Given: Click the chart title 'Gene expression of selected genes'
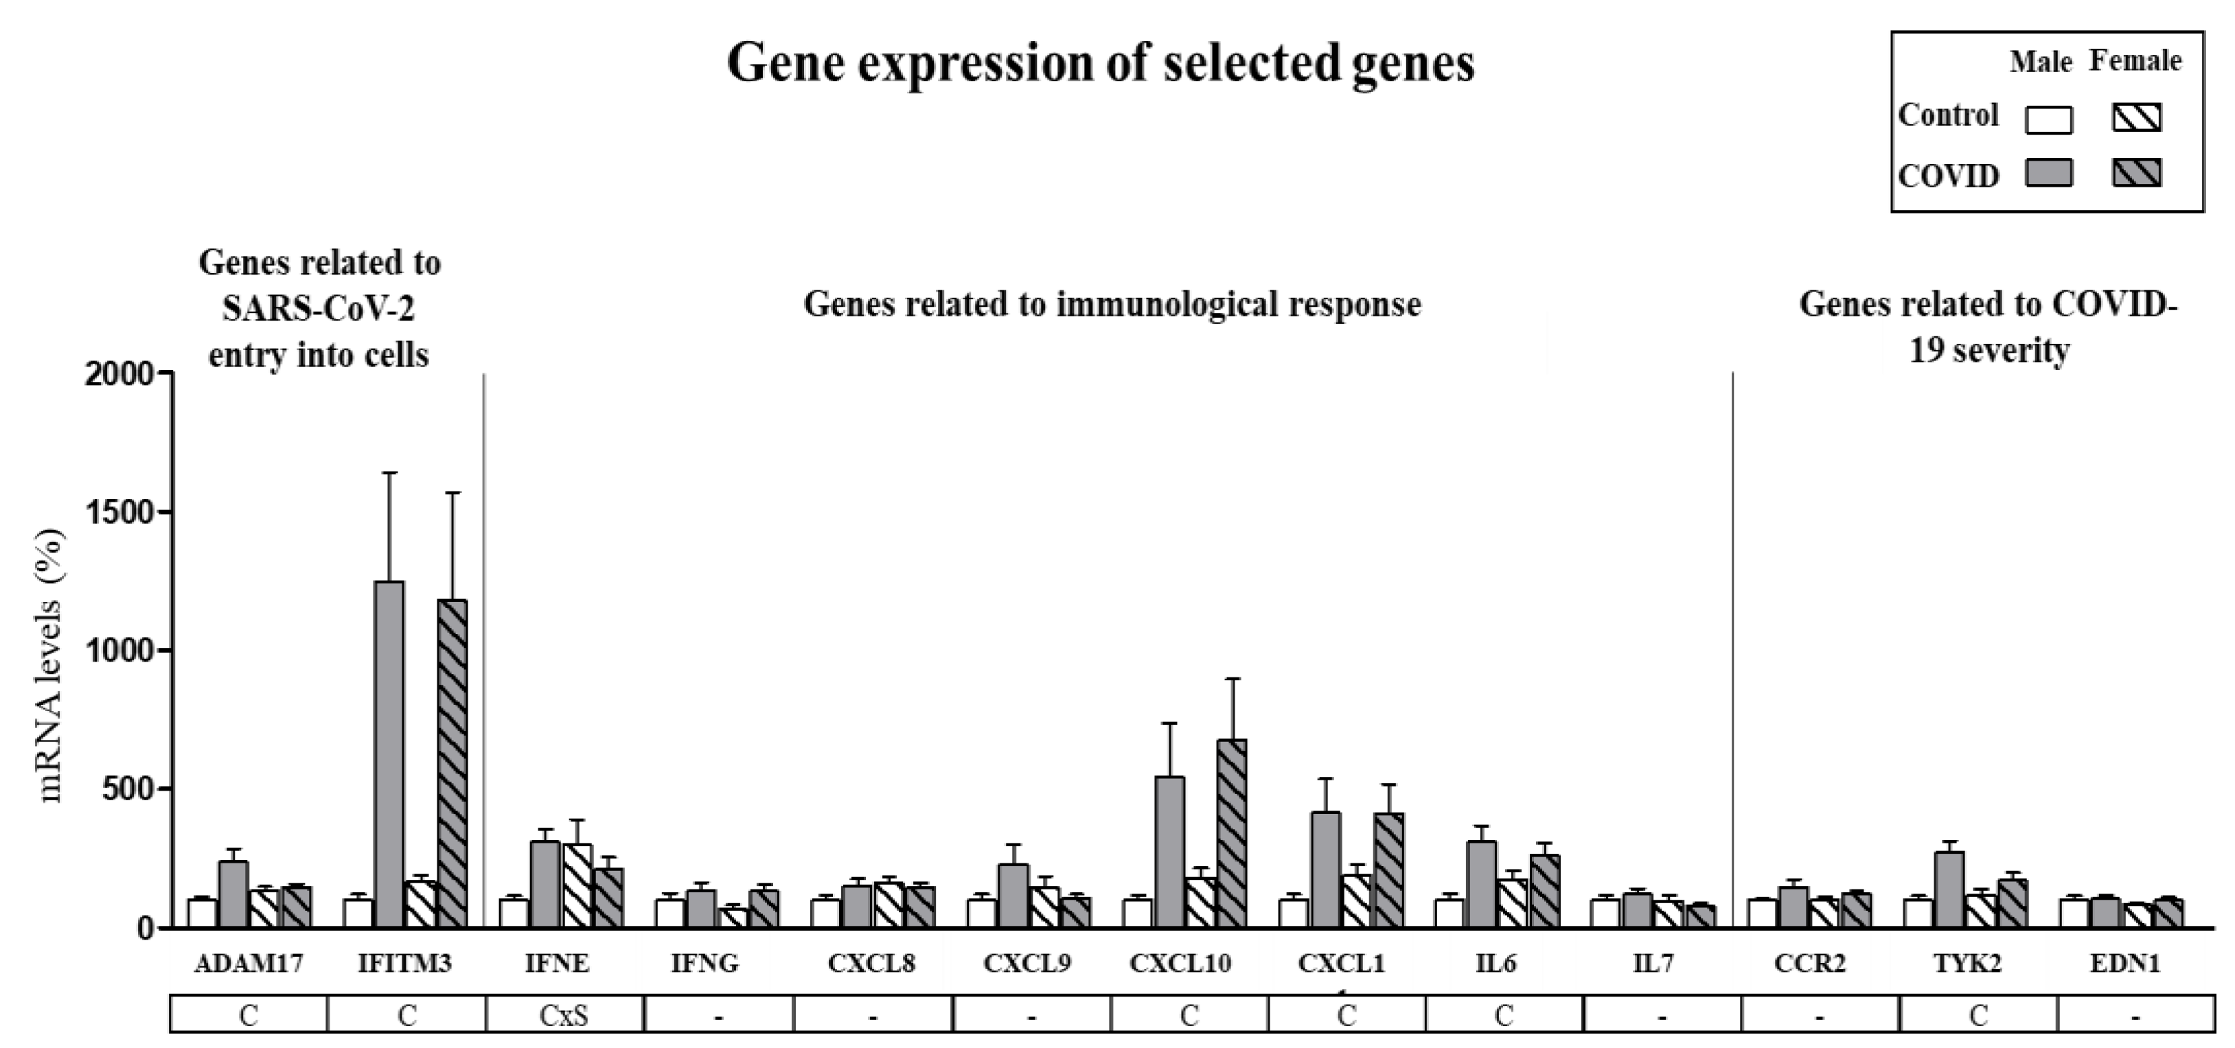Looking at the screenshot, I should tap(1100, 62).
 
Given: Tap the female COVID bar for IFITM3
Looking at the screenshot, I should tap(452, 763).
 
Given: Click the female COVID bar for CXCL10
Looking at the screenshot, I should tap(1232, 833).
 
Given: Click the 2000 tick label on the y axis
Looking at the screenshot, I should tap(119, 374).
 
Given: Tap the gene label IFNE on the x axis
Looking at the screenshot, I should tap(557, 963).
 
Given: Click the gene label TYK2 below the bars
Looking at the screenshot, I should tap(1968, 963).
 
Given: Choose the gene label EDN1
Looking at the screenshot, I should tap(2125, 963).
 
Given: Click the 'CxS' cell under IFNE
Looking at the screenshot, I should tap(564, 1014).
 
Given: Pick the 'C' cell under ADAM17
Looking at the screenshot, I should tap(249, 1014).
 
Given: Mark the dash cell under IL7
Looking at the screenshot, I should tap(1662, 1014).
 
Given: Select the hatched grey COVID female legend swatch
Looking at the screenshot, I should tap(2136, 174).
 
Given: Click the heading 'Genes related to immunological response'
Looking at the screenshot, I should tap(1112, 305).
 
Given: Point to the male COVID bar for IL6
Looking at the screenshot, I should tap(1481, 884).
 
